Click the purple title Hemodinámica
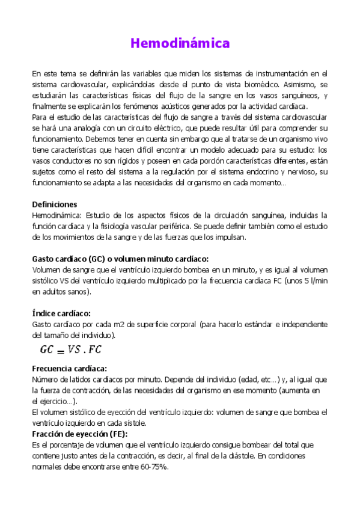coord(180,43)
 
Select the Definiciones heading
coord(54,204)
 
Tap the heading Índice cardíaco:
coord(61,313)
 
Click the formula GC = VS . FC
coord(71,349)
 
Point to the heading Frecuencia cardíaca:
coord(69,368)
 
